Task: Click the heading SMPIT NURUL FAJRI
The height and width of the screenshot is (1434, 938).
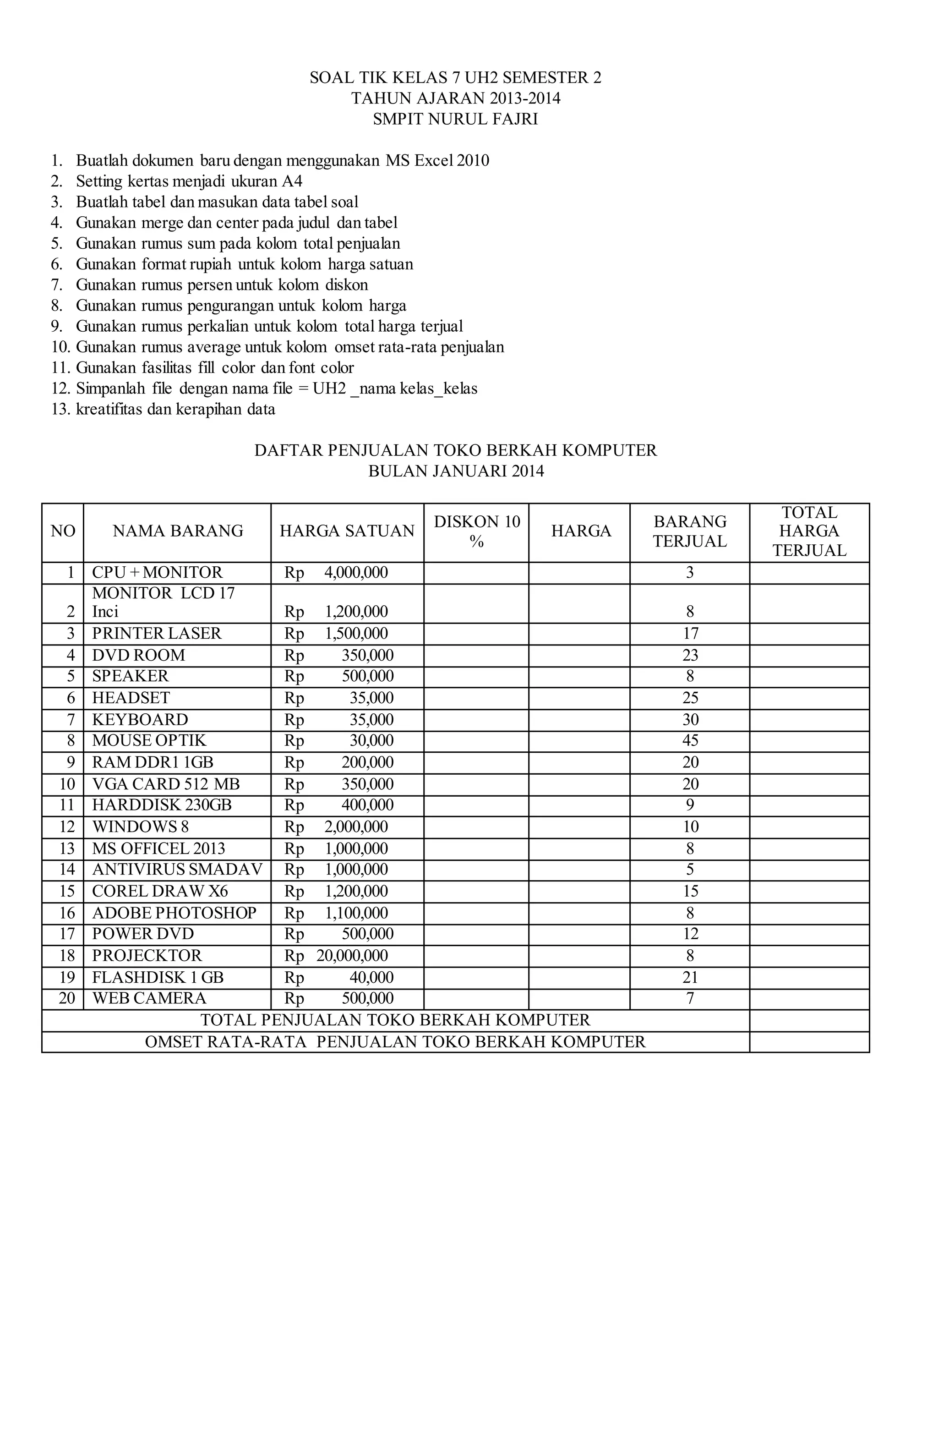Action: (x=455, y=119)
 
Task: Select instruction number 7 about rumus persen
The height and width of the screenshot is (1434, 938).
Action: (x=221, y=285)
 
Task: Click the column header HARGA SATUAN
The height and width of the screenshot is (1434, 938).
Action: (x=347, y=531)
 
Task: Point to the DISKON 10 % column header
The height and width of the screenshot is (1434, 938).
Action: (x=476, y=531)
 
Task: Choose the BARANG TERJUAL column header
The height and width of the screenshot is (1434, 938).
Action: (x=690, y=531)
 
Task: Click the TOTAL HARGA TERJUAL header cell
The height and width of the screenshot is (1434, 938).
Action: (x=809, y=531)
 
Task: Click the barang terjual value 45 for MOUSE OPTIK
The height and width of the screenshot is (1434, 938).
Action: (x=690, y=740)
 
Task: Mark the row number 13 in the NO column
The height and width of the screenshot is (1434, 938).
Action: (x=67, y=848)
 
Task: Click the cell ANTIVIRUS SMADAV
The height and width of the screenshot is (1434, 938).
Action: (x=177, y=870)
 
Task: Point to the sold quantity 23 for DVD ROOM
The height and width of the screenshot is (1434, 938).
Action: (x=690, y=655)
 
